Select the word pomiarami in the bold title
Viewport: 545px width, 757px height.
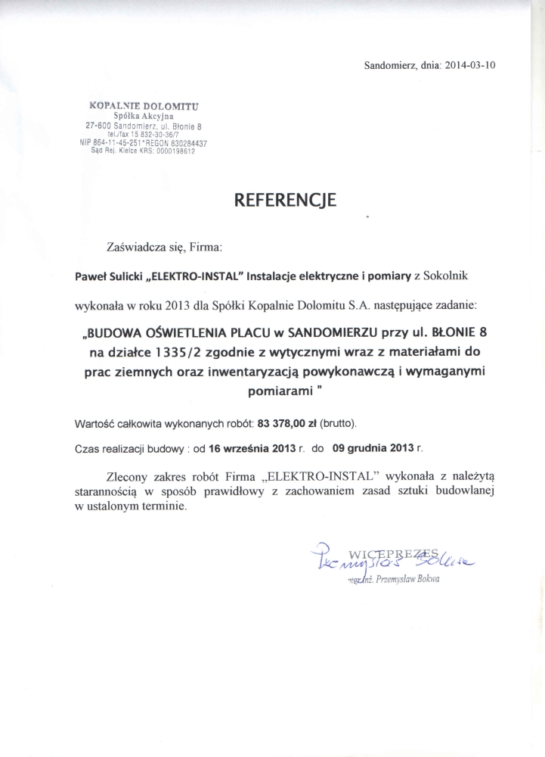[x=279, y=392]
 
